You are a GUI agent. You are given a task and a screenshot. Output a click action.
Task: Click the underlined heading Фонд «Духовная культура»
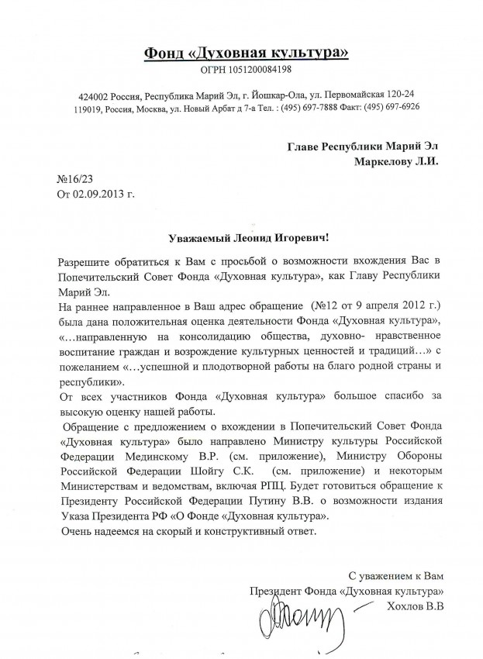pos(246,53)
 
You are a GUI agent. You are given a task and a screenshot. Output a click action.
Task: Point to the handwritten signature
pos(292,619)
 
